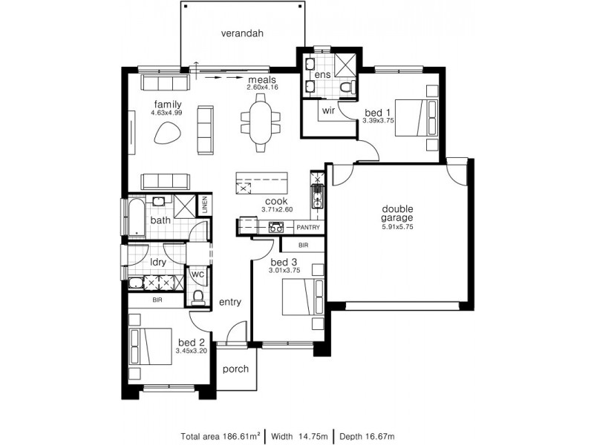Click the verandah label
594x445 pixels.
242,33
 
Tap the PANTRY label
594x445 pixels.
307,228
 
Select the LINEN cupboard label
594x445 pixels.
205,205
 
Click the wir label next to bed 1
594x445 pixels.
327,111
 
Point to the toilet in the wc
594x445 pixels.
198,297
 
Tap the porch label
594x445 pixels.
235,369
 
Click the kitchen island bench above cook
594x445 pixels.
261,182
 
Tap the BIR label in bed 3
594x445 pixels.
303,245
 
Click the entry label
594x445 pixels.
230,301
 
